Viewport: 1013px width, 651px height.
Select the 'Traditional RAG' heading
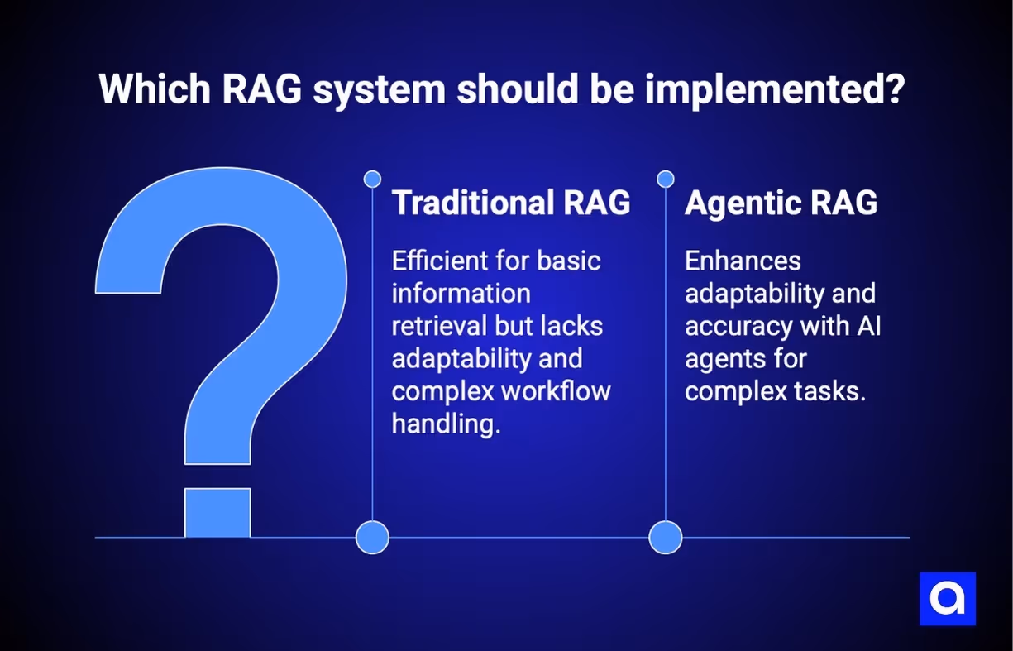tap(511, 203)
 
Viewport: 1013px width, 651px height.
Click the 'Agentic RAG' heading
tap(781, 203)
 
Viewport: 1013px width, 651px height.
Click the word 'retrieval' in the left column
tap(439, 326)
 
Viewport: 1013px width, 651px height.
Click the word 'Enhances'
tap(743, 261)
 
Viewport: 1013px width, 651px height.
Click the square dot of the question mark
tap(217, 513)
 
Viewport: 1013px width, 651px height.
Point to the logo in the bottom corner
tap(948, 599)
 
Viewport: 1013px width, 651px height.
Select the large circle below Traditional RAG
tap(372, 537)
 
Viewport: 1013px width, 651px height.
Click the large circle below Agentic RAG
tap(666, 537)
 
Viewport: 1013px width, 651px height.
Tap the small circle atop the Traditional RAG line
tap(372, 179)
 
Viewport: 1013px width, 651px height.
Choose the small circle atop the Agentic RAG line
tap(666, 179)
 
